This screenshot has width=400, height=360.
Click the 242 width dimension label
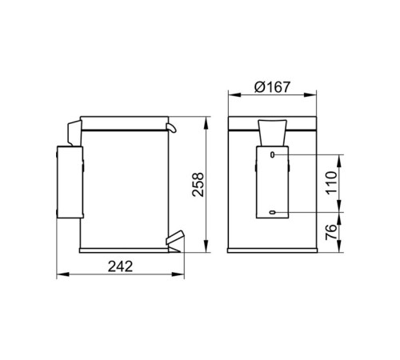point(120,266)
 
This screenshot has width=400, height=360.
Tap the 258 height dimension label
point(198,185)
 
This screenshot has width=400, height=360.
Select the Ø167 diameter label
point(272,87)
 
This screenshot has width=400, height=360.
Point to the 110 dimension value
point(331,183)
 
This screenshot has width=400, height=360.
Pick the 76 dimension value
point(331,232)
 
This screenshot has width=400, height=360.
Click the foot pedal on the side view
point(175,238)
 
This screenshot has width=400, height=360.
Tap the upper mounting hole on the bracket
point(272,154)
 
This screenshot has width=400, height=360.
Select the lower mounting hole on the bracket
point(272,212)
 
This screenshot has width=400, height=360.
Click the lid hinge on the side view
point(74,133)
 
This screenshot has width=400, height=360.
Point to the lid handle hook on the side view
point(171,128)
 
